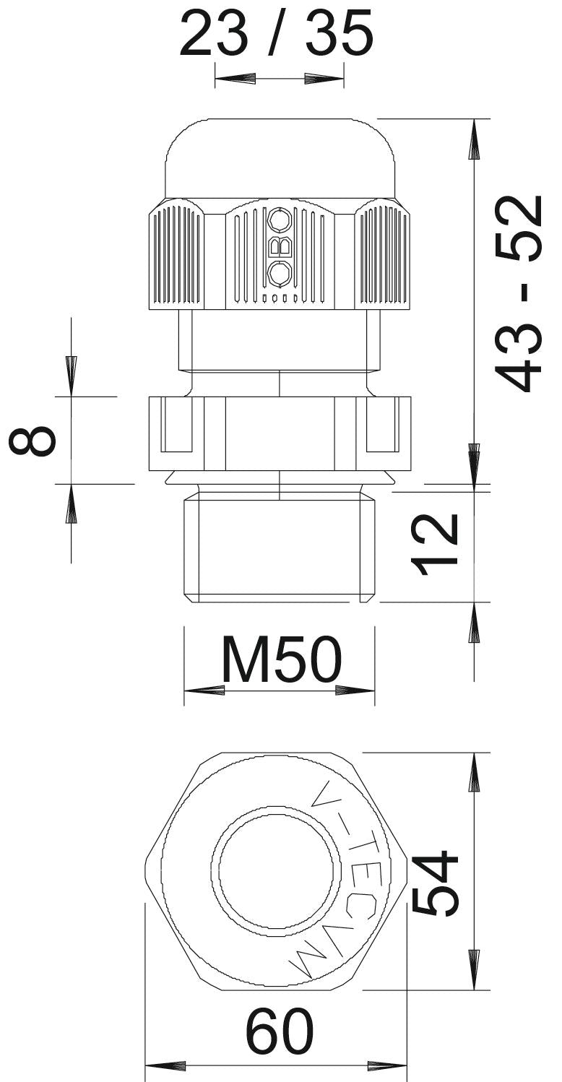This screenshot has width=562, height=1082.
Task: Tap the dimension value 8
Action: tap(33, 440)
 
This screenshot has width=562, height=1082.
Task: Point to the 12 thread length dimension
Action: tap(433, 544)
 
